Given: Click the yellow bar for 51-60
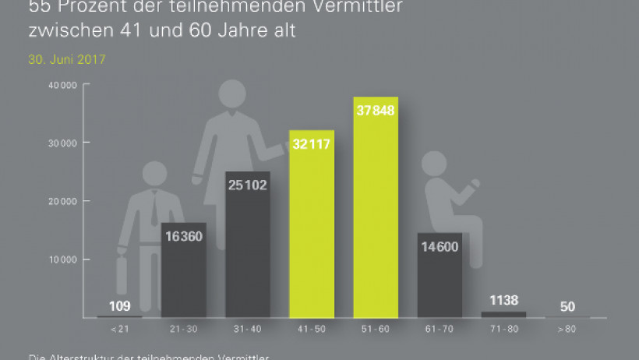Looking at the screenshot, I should (376, 218).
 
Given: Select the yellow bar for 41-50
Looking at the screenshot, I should (312, 234).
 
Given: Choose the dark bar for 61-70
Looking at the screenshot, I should (440, 281).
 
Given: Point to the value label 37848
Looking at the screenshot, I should (376, 110).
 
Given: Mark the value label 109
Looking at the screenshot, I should (120, 305).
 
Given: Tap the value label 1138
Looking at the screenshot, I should (503, 299).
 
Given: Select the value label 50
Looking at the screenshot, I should (567, 306).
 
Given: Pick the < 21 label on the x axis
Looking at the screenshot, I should (120, 330).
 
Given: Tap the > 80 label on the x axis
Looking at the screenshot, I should (567, 330).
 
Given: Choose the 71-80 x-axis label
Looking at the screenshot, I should (503, 330).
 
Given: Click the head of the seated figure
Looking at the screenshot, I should (434, 164).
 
